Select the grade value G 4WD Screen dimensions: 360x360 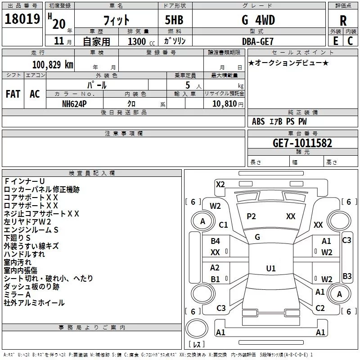pos(258,20)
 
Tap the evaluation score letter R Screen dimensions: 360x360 pos(343,21)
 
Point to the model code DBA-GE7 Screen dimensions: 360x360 pos(257,41)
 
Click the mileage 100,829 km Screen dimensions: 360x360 pos(53,64)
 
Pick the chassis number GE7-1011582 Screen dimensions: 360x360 pos(302,143)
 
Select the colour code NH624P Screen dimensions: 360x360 pos(75,103)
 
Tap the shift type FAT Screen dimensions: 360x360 pos(13,94)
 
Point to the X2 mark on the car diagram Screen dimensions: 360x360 pos(220,184)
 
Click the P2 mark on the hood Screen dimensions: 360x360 pos(251,216)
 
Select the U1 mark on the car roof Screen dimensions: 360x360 pos(270,269)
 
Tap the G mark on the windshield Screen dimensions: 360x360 pos(257,237)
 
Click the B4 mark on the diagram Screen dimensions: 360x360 pos(216,241)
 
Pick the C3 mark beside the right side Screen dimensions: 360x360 pos(346,240)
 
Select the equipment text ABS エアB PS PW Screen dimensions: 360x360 pos(279,121)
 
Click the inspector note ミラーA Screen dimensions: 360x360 pos(18,295)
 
